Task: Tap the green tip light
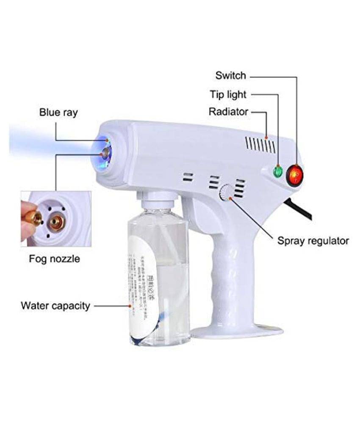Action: pyautogui.click(x=278, y=171)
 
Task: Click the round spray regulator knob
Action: pyautogui.click(x=226, y=193)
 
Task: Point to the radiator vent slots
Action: pyautogui.click(x=259, y=145)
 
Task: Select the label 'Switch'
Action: pyautogui.click(x=230, y=76)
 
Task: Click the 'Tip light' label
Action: pyautogui.click(x=228, y=94)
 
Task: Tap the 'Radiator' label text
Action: pyautogui.click(x=228, y=112)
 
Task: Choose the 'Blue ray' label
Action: pyautogui.click(x=58, y=112)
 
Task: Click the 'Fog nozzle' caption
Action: pyautogui.click(x=54, y=258)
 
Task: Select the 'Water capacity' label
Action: pyautogui.click(x=55, y=305)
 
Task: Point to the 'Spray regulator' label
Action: pyautogui.click(x=313, y=241)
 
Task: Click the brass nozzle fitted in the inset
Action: pyautogui.click(x=56, y=221)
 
